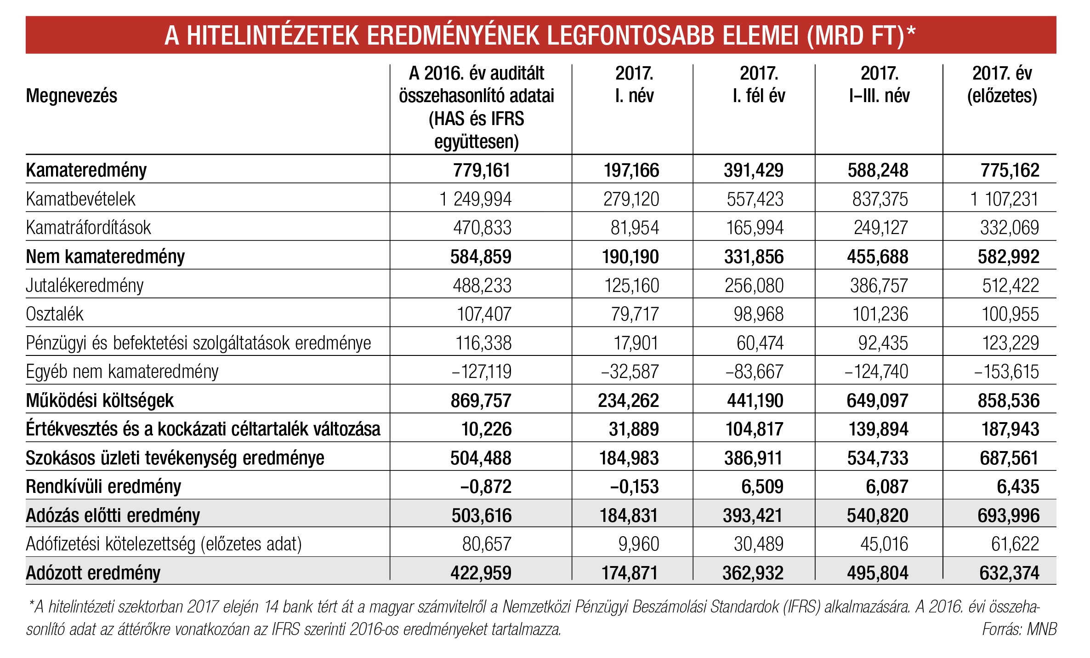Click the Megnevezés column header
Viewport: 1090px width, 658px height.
coord(72,96)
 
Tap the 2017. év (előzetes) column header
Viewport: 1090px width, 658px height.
coord(1002,85)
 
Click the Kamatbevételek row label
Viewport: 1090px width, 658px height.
coord(81,199)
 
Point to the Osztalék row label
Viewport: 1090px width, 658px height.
coord(55,314)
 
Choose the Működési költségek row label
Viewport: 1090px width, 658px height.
coord(100,401)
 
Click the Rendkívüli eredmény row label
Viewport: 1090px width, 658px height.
coord(103,486)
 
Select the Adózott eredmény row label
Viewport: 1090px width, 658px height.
coord(93,573)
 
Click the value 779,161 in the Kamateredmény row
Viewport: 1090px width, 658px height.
coord(482,171)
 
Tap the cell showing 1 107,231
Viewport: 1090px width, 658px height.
coord(1004,199)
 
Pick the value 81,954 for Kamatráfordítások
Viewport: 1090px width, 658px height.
coord(635,228)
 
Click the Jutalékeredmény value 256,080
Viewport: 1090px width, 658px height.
coord(754,286)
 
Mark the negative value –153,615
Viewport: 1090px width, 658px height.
coord(1006,372)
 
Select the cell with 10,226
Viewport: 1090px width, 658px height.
coord(486,429)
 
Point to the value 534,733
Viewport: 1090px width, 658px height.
coord(878,458)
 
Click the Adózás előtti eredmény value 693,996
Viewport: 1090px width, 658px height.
coord(1008,515)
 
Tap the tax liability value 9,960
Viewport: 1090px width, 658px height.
coord(639,544)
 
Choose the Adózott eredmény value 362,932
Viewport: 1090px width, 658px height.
coord(753,573)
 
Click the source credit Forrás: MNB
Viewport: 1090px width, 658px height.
coord(1019,629)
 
